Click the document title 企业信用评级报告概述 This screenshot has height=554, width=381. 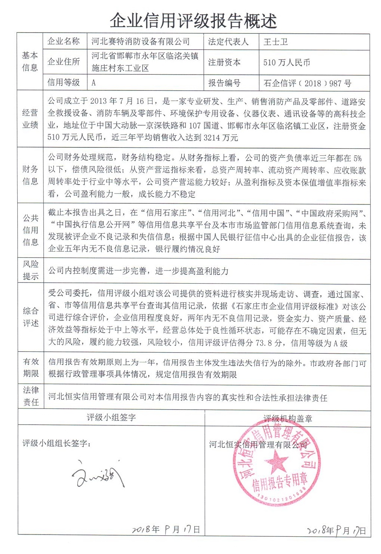pyautogui.click(x=193, y=21)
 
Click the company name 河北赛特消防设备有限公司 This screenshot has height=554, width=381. pyautogui.click(x=141, y=42)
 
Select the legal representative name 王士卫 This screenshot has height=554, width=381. pyautogui.click(x=276, y=42)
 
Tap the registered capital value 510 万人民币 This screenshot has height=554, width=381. pyautogui.click(x=286, y=63)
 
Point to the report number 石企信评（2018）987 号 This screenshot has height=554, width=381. pyautogui.click(x=307, y=83)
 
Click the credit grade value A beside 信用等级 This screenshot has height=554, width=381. pyautogui.click(x=94, y=83)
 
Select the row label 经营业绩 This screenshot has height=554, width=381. pyautogui.click(x=30, y=119)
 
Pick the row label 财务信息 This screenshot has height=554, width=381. pyautogui.click(x=30, y=176)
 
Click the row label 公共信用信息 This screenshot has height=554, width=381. pyautogui.click(x=30, y=230)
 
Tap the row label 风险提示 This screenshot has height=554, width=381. pyautogui.click(x=30, y=270)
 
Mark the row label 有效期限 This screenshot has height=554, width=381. pyautogui.click(x=31, y=368)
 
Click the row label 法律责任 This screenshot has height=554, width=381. pyautogui.click(x=31, y=396)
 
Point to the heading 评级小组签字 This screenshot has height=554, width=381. pyautogui.click(x=111, y=417)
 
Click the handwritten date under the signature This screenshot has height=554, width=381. pyautogui.click(x=165, y=529)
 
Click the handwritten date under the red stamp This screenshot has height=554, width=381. pyautogui.click(x=336, y=530)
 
